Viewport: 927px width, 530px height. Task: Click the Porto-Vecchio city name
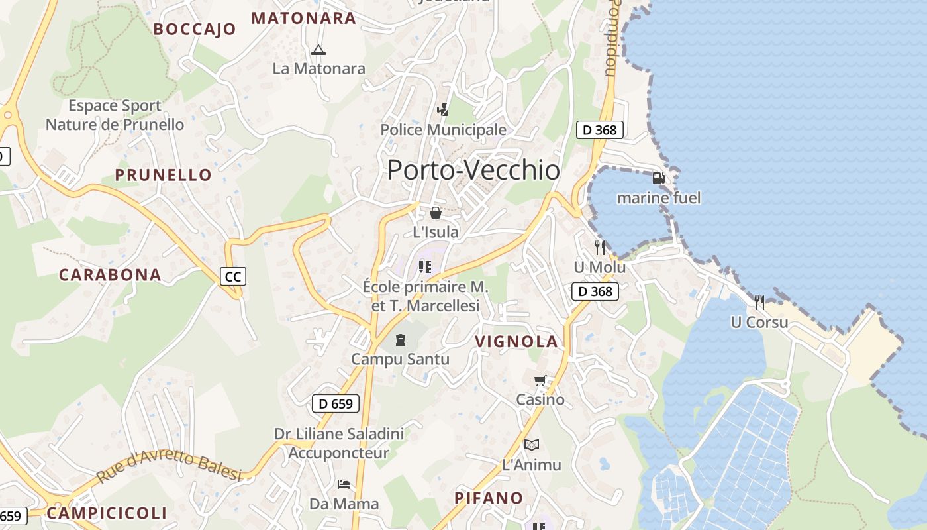pyautogui.click(x=473, y=170)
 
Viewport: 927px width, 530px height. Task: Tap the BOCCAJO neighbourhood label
pyautogui.click(x=195, y=29)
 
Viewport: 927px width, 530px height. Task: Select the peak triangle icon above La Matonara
pyautogui.click(x=318, y=50)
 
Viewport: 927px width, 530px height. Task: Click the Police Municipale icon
pyautogui.click(x=442, y=109)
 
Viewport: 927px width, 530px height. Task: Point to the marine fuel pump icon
pyautogui.click(x=658, y=178)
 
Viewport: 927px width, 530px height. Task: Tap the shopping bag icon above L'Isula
pyautogui.click(x=436, y=212)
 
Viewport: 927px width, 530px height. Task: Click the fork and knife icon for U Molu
pyautogui.click(x=600, y=248)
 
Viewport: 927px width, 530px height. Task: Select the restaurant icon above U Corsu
pyautogui.click(x=759, y=303)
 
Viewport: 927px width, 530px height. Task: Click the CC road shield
pyautogui.click(x=233, y=276)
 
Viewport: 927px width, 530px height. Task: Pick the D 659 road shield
pyautogui.click(x=336, y=403)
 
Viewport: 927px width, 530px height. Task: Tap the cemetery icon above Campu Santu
pyautogui.click(x=400, y=340)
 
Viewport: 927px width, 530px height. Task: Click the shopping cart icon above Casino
pyautogui.click(x=540, y=380)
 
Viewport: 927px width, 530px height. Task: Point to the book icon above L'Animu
pyautogui.click(x=532, y=445)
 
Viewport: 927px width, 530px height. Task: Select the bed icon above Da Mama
pyautogui.click(x=344, y=484)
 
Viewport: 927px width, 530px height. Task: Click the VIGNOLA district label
pyautogui.click(x=516, y=342)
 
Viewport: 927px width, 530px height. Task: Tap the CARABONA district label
pyautogui.click(x=110, y=275)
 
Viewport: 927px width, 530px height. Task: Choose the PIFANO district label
pyautogui.click(x=489, y=498)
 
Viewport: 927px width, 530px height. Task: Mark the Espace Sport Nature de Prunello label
pyautogui.click(x=115, y=115)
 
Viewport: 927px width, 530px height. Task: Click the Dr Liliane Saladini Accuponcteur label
pyautogui.click(x=339, y=443)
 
